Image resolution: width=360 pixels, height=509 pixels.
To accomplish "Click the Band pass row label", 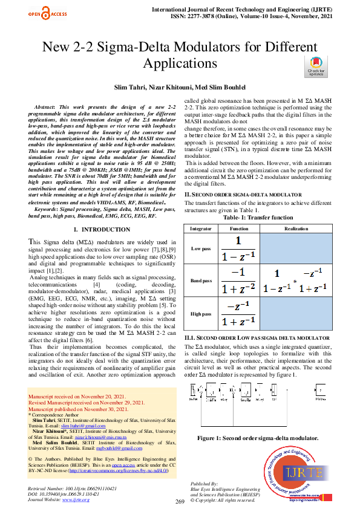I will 200,281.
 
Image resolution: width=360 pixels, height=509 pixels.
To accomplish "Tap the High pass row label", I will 200,314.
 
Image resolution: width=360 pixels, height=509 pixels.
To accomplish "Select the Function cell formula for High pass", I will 239,314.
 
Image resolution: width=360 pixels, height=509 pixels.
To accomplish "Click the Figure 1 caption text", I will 257,436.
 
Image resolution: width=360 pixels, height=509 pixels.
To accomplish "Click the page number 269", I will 180,502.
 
